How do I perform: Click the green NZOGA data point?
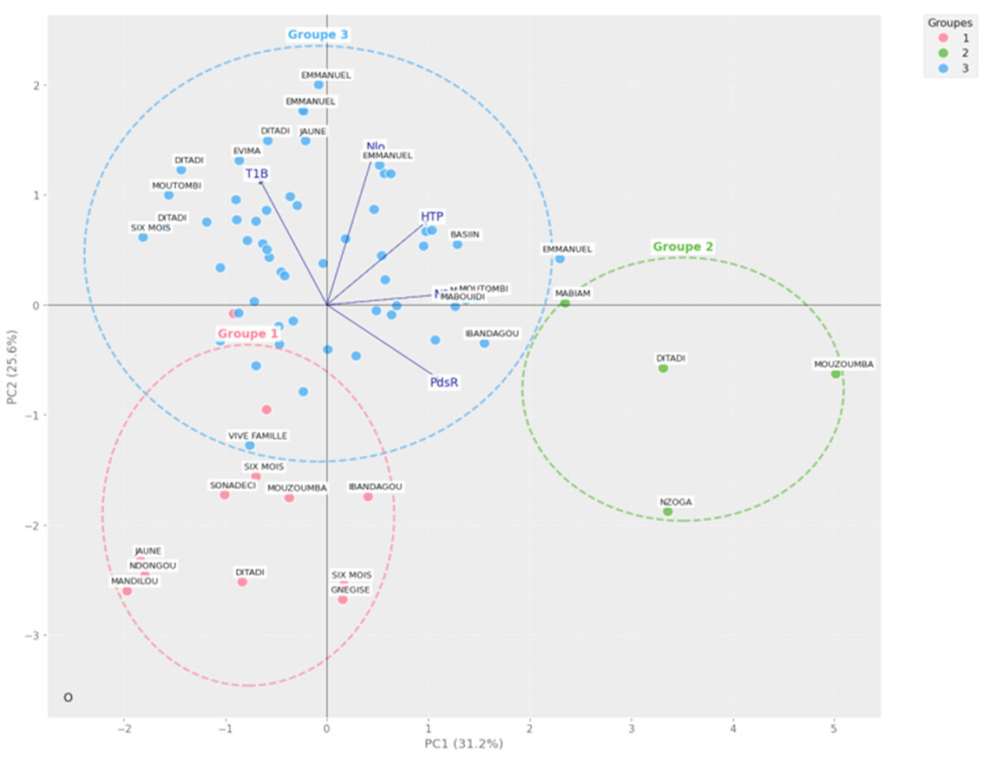(x=667, y=512)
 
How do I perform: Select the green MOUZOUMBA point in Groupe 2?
(x=836, y=374)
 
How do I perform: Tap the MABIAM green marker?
(x=565, y=303)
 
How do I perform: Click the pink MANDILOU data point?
(x=127, y=591)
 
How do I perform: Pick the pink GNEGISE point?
(x=342, y=599)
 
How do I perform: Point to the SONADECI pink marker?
(x=225, y=495)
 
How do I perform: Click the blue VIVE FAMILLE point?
(x=250, y=446)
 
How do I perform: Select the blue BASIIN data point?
(x=457, y=245)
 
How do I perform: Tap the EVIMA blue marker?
(x=239, y=160)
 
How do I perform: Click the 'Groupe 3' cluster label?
(x=318, y=35)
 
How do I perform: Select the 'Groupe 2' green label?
(x=683, y=247)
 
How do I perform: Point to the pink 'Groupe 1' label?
(x=248, y=333)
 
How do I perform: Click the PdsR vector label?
(x=443, y=382)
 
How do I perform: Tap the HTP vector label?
(x=432, y=216)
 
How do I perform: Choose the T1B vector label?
(x=257, y=173)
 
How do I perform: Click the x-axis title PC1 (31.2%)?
(x=463, y=744)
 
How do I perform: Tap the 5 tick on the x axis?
(x=835, y=728)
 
